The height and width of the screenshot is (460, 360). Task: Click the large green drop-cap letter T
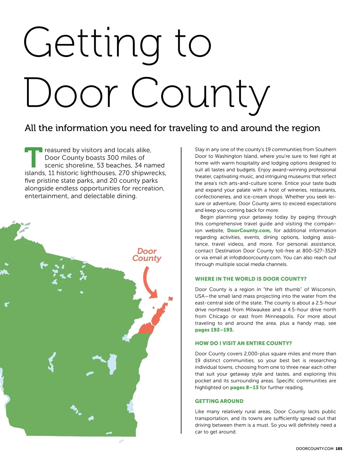click(33, 157)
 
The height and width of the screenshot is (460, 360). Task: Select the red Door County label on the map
click(147, 255)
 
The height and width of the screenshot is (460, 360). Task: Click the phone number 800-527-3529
click(319, 251)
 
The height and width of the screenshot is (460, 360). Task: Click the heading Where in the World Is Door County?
click(250, 279)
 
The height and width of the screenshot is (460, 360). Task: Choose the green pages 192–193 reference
click(214, 330)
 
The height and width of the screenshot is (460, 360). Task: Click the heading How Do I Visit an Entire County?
click(243, 343)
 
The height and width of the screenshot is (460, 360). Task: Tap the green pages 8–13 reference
click(244, 387)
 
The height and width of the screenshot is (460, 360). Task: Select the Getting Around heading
click(219, 401)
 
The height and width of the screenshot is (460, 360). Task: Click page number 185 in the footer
click(339, 449)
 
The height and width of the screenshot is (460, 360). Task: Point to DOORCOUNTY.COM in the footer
click(314, 449)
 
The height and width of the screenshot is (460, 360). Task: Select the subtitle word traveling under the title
click(188, 128)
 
